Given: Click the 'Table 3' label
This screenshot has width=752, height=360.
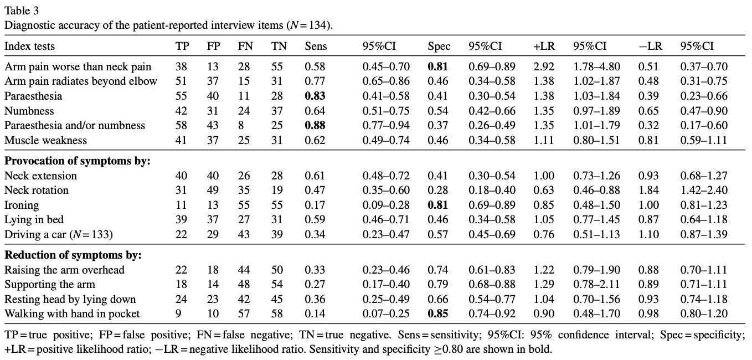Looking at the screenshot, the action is click(x=22, y=11).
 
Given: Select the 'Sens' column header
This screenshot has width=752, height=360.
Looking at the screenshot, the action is click(x=316, y=46).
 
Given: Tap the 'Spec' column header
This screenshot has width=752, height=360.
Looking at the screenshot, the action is click(x=439, y=47).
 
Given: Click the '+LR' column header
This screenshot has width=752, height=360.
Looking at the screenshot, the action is click(x=544, y=46).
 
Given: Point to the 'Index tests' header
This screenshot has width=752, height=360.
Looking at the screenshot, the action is click(x=29, y=46).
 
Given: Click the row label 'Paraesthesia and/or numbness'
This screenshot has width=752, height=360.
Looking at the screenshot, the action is click(x=75, y=125).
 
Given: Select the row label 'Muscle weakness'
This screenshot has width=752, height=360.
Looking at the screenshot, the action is click(x=45, y=140).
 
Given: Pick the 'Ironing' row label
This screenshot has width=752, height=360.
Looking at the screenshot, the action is click(x=22, y=205).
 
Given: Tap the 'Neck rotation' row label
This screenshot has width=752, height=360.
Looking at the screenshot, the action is click(x=36, y=190).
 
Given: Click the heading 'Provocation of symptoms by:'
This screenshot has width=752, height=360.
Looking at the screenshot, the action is click(x=77, y=161).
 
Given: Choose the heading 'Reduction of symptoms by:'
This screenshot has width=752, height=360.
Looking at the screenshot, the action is click(x=73, y=255).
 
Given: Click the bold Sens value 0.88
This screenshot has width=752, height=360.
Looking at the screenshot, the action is click(x=315, y=125).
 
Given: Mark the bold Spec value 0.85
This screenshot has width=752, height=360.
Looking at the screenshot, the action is click(x=438, y=313).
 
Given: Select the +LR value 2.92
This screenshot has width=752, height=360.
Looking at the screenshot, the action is click(x=544, y=66).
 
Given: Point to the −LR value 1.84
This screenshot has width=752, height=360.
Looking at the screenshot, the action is click(x=648, y=190).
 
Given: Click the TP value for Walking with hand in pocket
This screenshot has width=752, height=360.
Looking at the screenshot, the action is click(x=178, y=313).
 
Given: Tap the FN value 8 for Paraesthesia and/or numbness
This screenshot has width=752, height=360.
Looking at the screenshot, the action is click(x=241, y=125).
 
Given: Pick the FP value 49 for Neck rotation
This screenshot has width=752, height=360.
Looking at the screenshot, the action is click(x=213, y=190).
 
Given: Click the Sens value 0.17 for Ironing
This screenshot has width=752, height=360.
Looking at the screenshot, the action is click(x=315, y=205).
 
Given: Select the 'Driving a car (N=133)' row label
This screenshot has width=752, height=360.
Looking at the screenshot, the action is click(x=58, y=234).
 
